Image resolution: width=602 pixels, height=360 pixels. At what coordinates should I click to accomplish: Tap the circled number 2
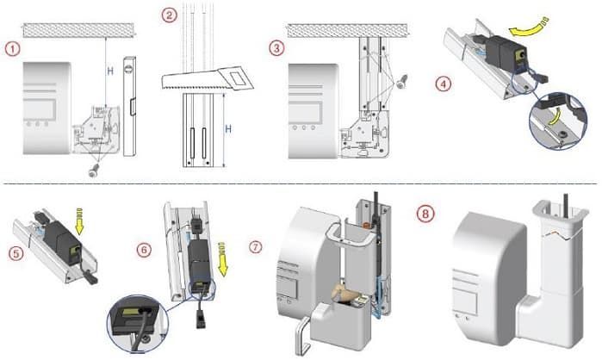171,14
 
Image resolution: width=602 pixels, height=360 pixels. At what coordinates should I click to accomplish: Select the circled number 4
443,84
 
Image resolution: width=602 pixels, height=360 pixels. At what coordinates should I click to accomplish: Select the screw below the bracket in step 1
93,171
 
